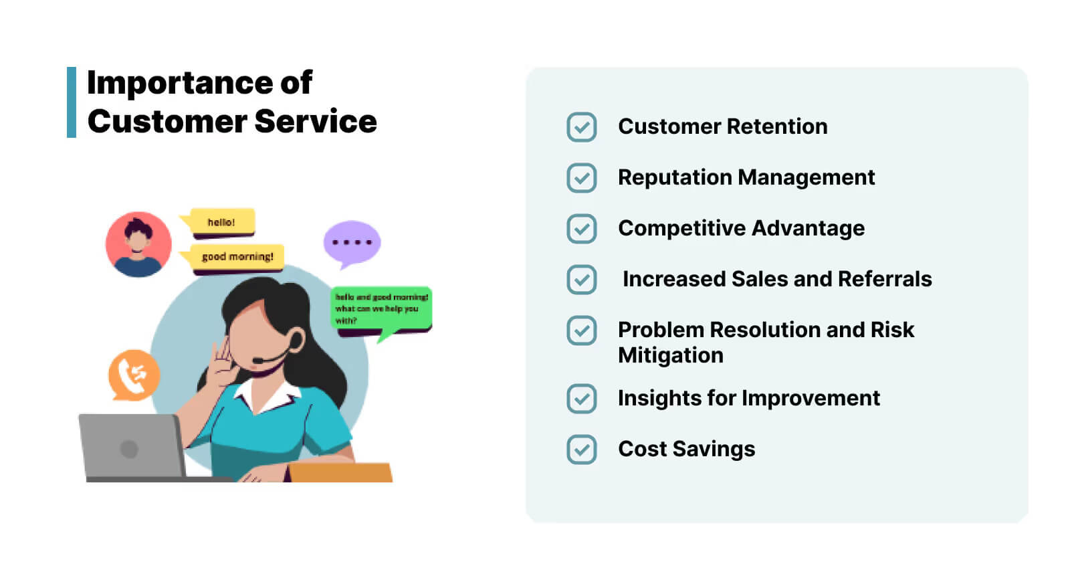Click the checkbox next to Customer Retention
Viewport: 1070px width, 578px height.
coord(581,127)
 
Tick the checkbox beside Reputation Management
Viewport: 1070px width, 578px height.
coord(581,178)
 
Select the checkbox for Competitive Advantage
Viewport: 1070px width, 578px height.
coord(581,229)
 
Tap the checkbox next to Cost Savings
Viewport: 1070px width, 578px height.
coord(581,450)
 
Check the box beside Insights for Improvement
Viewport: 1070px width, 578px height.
coord(581,399)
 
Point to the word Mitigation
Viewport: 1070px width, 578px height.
coord(670,355)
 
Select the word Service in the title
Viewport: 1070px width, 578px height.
coord(315,122)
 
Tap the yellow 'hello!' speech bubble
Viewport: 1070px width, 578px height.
coord(221,222)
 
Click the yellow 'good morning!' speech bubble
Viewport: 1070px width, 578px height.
coord(237,257)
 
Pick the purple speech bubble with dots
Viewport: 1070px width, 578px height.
coord(352,242)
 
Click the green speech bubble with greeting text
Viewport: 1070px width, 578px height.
coord(382,309)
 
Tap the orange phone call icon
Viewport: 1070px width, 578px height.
coord(134,375)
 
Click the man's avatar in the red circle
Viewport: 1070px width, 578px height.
coord(138,244)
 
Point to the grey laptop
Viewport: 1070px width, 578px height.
coord(131,447)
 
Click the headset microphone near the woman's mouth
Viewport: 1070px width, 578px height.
coord(257,361)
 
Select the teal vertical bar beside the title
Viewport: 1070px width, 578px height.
coord(72,102)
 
